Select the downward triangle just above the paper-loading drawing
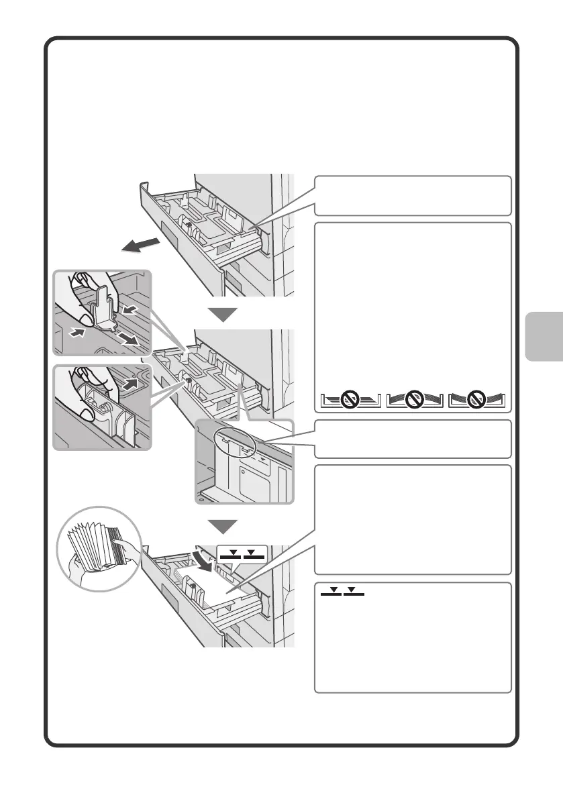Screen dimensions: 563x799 (x=222, y=525)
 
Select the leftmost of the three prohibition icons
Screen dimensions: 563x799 (x=347, y=401)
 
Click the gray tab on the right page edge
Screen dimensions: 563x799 (x=542, y=336)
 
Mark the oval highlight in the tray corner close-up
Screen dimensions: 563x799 (x=234, y=442)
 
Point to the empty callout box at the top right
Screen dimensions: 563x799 (x=411, y=195)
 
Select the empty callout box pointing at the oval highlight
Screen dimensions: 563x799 (x=411, y=439)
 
